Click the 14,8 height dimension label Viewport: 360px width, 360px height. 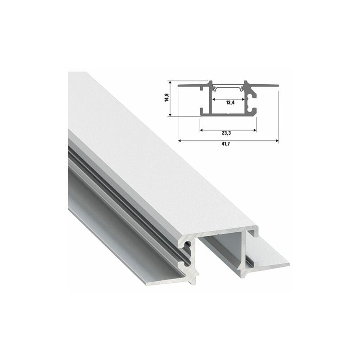click(x=167, y=98)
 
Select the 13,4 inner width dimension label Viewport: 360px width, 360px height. click(x=230, y=103)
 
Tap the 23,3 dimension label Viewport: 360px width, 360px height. click(x=226, y=133)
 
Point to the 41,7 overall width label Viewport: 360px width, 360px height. click(x=226, y=144)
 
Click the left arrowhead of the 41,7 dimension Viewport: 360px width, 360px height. click(x=180, y=140)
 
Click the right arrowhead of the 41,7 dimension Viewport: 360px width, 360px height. click(x=277, y=140)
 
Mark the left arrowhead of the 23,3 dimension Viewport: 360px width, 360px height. click(x=202, y=130)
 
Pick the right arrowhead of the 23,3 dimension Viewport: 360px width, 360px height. click(x=255, y=130)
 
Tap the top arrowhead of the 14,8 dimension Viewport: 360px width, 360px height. click(x=170, y=82)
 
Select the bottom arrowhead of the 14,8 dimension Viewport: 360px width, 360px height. click(x=170, y=114)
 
